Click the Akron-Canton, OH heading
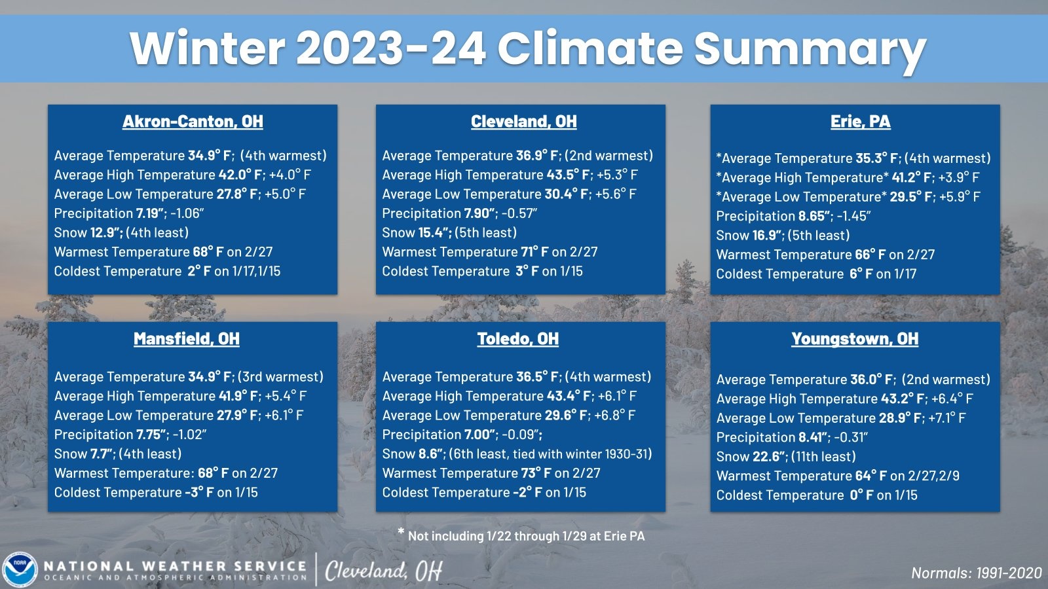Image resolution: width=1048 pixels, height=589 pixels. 193,122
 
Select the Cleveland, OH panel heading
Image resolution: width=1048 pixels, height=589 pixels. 523,122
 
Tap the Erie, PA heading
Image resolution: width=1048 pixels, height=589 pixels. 861,122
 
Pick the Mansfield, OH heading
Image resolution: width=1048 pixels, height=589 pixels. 187,339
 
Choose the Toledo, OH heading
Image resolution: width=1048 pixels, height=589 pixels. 518,339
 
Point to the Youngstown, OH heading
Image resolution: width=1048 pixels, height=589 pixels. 855,339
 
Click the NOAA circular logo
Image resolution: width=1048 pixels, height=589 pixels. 20,570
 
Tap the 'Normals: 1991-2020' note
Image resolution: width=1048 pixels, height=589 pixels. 977,573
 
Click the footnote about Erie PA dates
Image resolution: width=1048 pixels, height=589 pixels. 521,535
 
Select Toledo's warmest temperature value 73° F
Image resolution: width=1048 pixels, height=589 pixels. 536,473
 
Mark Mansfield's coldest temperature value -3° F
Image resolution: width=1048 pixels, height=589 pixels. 199,492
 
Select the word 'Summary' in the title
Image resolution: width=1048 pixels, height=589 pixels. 810,48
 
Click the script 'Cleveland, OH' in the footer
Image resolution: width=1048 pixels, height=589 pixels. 384,571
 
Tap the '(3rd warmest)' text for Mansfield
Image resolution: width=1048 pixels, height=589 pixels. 280,377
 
